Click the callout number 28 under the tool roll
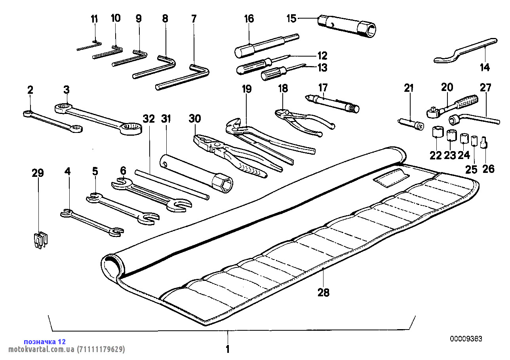323,292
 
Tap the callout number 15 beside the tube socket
291,19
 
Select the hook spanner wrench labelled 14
463,51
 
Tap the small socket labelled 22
437,132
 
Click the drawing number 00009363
466,339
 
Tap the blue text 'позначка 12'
45,341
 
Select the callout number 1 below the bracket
227,349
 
